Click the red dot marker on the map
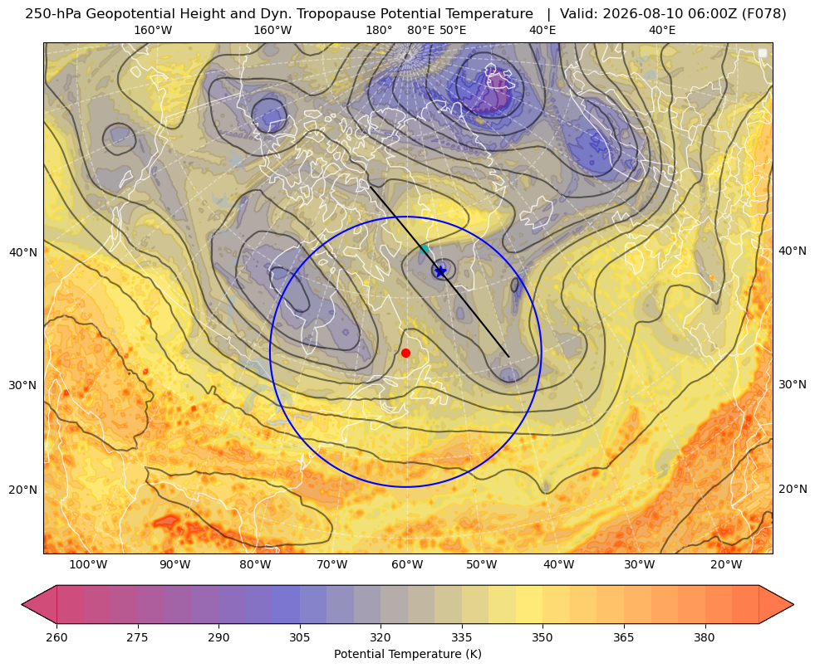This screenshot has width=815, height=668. coord(406,353)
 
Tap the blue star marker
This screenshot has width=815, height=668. coord(441,271)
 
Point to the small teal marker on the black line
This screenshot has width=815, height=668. coord(425,249)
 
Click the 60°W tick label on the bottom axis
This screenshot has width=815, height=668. coord(407,564)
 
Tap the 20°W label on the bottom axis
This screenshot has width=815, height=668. coord(726,564)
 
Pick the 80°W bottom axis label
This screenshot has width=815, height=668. coord(255,564)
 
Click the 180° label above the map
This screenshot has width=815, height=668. coord(379,30)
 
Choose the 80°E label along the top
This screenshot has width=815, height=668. coord(421,30)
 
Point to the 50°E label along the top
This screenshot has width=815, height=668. coord(453,30)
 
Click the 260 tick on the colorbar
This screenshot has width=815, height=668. coord(56,637)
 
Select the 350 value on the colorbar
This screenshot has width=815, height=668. coord(543,637)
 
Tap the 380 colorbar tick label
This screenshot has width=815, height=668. coord(705,637)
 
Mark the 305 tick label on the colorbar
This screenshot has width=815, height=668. coord(299,637)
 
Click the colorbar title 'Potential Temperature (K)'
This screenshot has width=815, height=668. coord(407,654)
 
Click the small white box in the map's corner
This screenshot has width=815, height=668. coord(763,53)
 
